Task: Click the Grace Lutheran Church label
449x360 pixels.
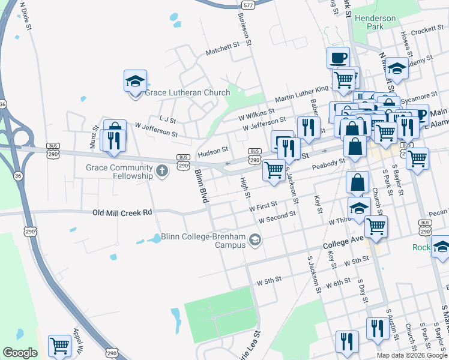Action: coord(187,92)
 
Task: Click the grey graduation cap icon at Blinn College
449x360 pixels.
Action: coord(255,241)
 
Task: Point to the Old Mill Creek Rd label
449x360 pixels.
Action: coord(122,212)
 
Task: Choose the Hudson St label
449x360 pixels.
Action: coord(214,150)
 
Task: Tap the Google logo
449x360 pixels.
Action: coord(20,353)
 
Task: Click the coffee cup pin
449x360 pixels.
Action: coord(338,58)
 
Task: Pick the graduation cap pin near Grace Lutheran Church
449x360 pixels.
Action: coord(135,81)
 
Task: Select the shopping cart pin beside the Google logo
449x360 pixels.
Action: coord(59,346)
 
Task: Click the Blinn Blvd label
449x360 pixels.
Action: coord(200,187)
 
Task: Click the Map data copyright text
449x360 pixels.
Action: coord(411,355)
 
